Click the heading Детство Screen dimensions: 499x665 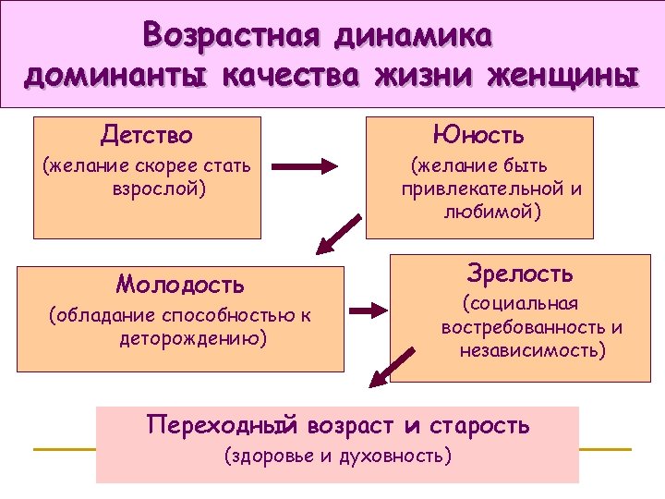coord(147,136)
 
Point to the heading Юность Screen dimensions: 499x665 coord(480,136)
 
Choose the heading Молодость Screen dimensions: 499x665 coord(180,283)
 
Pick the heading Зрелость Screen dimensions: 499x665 coord(520,274)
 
